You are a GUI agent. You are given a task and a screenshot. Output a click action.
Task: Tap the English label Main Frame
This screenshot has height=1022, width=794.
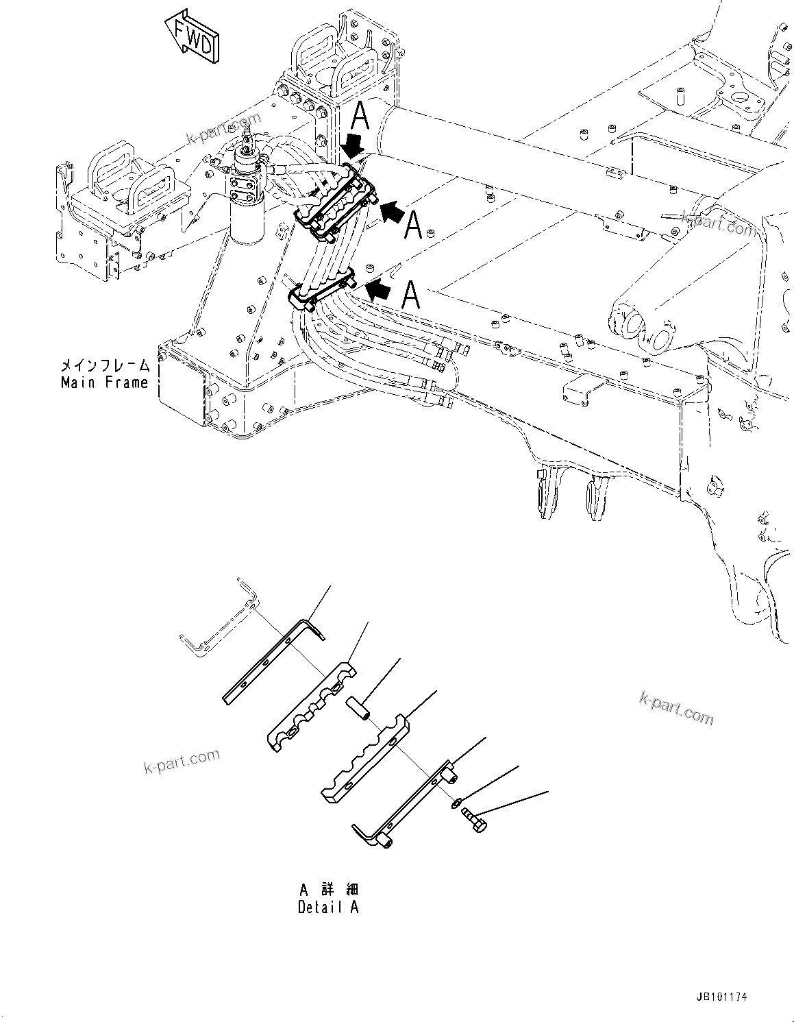[104, 382]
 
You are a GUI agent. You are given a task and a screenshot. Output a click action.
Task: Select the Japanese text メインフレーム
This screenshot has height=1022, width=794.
[105, 367]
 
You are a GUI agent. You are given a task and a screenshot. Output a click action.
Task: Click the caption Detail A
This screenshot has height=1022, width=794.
[327, 907]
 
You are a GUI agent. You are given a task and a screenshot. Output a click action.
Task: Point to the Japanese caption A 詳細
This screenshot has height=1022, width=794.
[328, 890]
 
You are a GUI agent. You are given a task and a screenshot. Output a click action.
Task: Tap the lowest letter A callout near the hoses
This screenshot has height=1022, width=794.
[410, 295]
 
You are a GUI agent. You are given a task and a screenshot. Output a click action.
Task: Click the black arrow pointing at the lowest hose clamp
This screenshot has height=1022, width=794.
[378, 291]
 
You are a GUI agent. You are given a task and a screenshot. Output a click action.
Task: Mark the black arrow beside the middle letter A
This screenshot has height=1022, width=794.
[391, 214]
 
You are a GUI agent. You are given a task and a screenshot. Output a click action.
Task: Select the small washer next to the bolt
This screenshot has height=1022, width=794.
[456, 803]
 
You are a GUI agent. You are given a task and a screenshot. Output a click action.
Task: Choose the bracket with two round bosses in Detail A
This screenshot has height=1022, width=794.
[404, 805]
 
